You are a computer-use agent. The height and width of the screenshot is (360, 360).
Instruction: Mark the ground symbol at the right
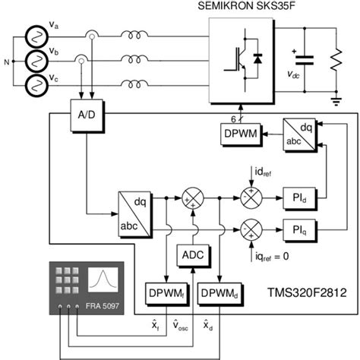click(335, 98)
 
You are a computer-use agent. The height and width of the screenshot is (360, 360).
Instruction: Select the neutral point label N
click(8, 60)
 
